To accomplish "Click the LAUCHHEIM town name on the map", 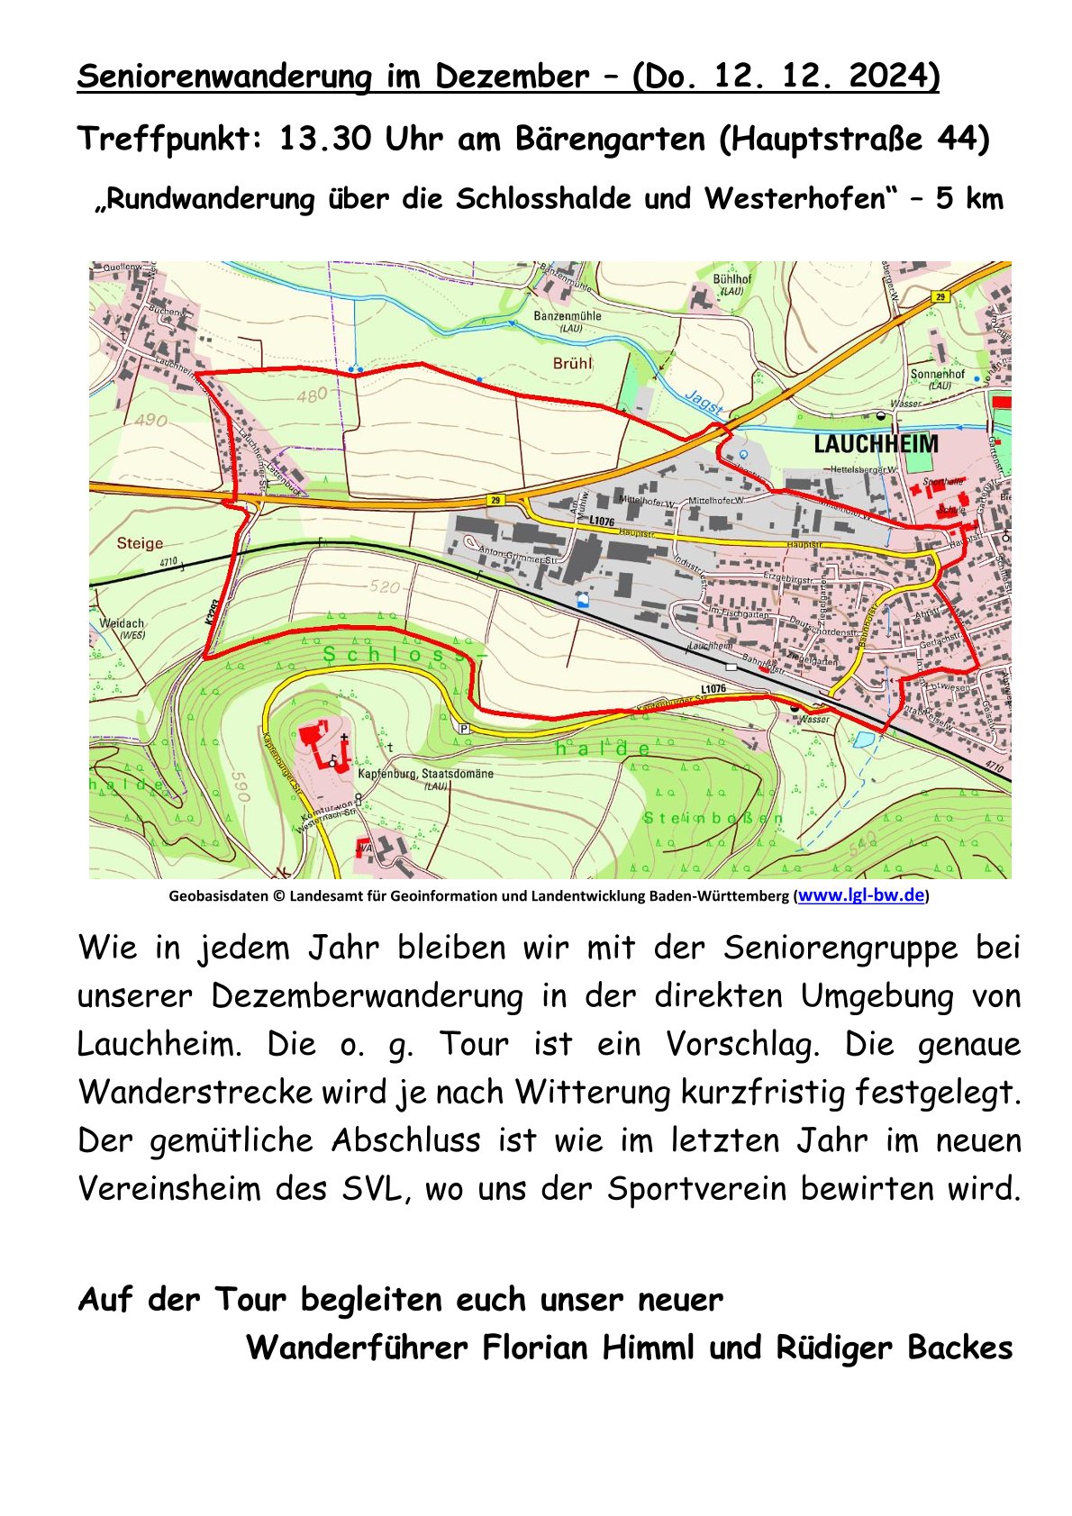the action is click(x=876, y=443).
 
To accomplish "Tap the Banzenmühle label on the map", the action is click(x=568, y=316).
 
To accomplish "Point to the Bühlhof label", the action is click(x=731, y=279).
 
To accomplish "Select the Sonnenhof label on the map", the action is click(x=937, y=374).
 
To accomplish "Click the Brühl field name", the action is click(x=573, y=363).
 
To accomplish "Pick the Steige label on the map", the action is click(x=140, y=543).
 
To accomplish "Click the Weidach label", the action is click(x=121, y=623).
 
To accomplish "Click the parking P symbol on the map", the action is click(x=464, y=729).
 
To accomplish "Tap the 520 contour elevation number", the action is click(x=384, y=587).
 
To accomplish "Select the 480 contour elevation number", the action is click(x=312, y=395).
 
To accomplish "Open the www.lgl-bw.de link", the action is click(x=861, y=895).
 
